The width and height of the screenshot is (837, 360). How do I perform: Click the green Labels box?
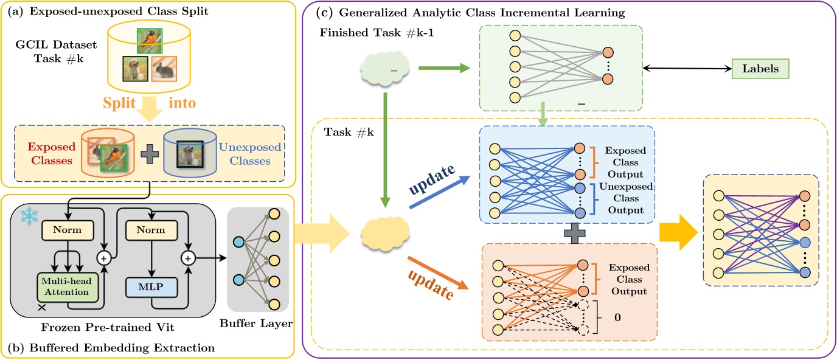click(x=761, y=69)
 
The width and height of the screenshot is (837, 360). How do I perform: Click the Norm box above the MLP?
click(x=151, y=231)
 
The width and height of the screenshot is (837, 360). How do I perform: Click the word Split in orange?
click(x=122, y=103)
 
